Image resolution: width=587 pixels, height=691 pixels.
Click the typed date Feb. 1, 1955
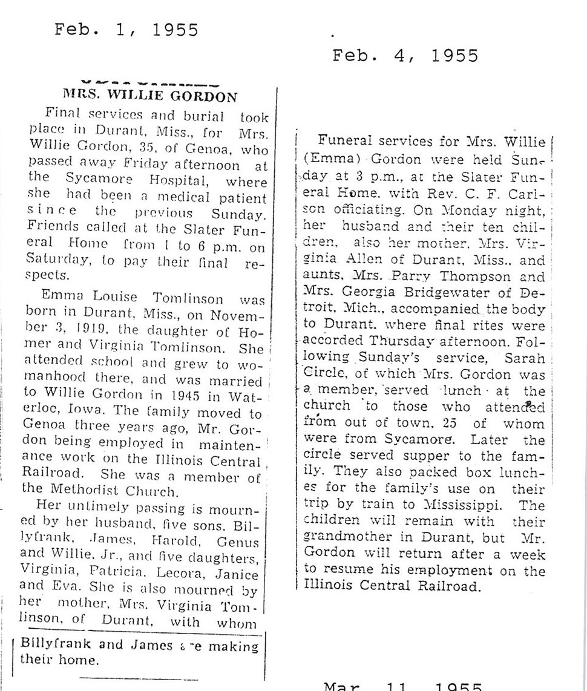point(126,30)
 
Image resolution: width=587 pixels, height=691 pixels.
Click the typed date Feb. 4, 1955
point(405,56)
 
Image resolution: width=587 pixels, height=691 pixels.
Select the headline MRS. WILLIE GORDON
point(151,96)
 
